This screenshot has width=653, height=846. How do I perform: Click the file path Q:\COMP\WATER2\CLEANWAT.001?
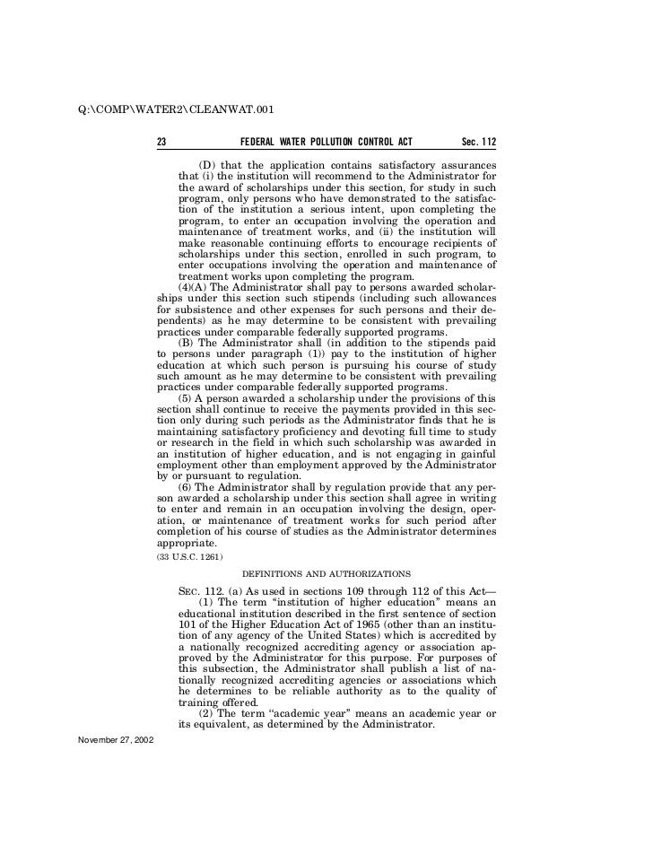pyautogui.click(x=176, y=111)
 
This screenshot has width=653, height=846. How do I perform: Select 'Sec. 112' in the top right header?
pyautogui.click(x=478, y=143)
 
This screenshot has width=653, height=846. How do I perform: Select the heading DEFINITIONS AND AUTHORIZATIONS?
pyautogui.click(x=326, y=572)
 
